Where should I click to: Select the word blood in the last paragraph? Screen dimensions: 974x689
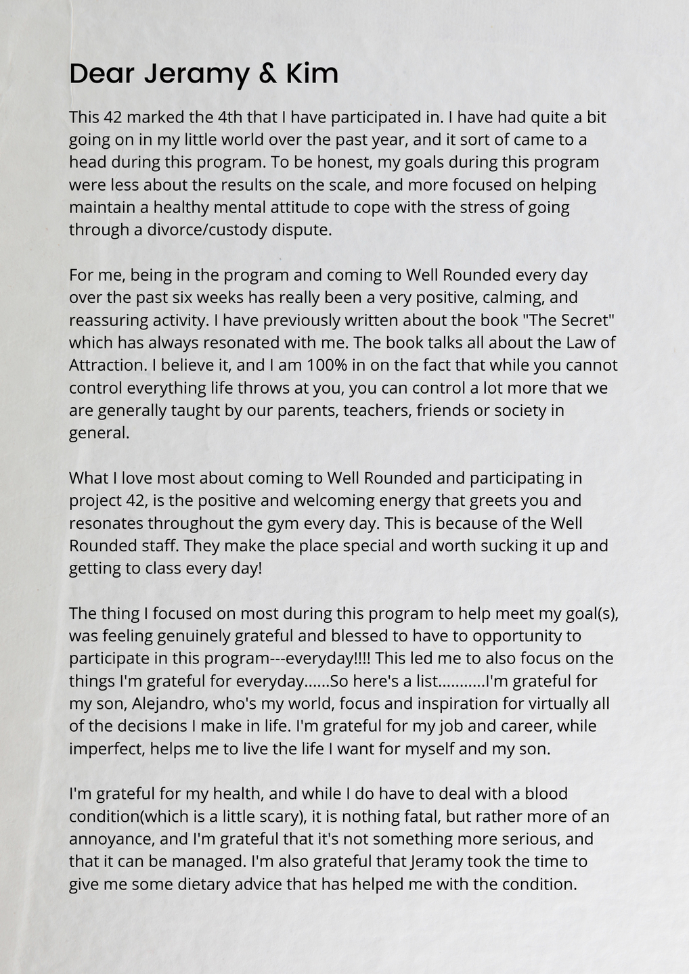pyautogui.click(x=546, y=793)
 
